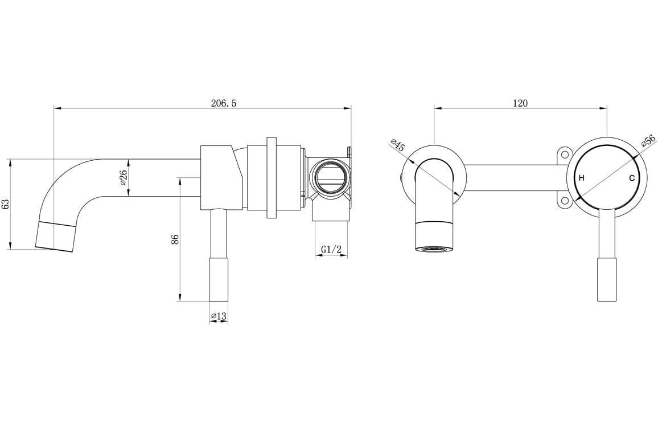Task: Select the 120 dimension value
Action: (x=520, y=103)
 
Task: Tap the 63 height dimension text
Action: (x=6, y=204)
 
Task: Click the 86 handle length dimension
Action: (x=175, y=239)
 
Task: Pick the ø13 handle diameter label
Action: (x=219, y=316)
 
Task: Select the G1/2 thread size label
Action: (x=331, y=249)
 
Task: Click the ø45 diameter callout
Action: (x=398, y=145)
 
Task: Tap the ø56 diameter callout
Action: (x=648, y=141)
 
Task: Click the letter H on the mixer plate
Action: (x=581, y=178)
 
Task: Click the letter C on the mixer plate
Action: (x=632, y=178)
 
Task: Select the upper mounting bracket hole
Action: (x=564, y=154)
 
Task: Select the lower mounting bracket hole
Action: (x=564, y=200)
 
